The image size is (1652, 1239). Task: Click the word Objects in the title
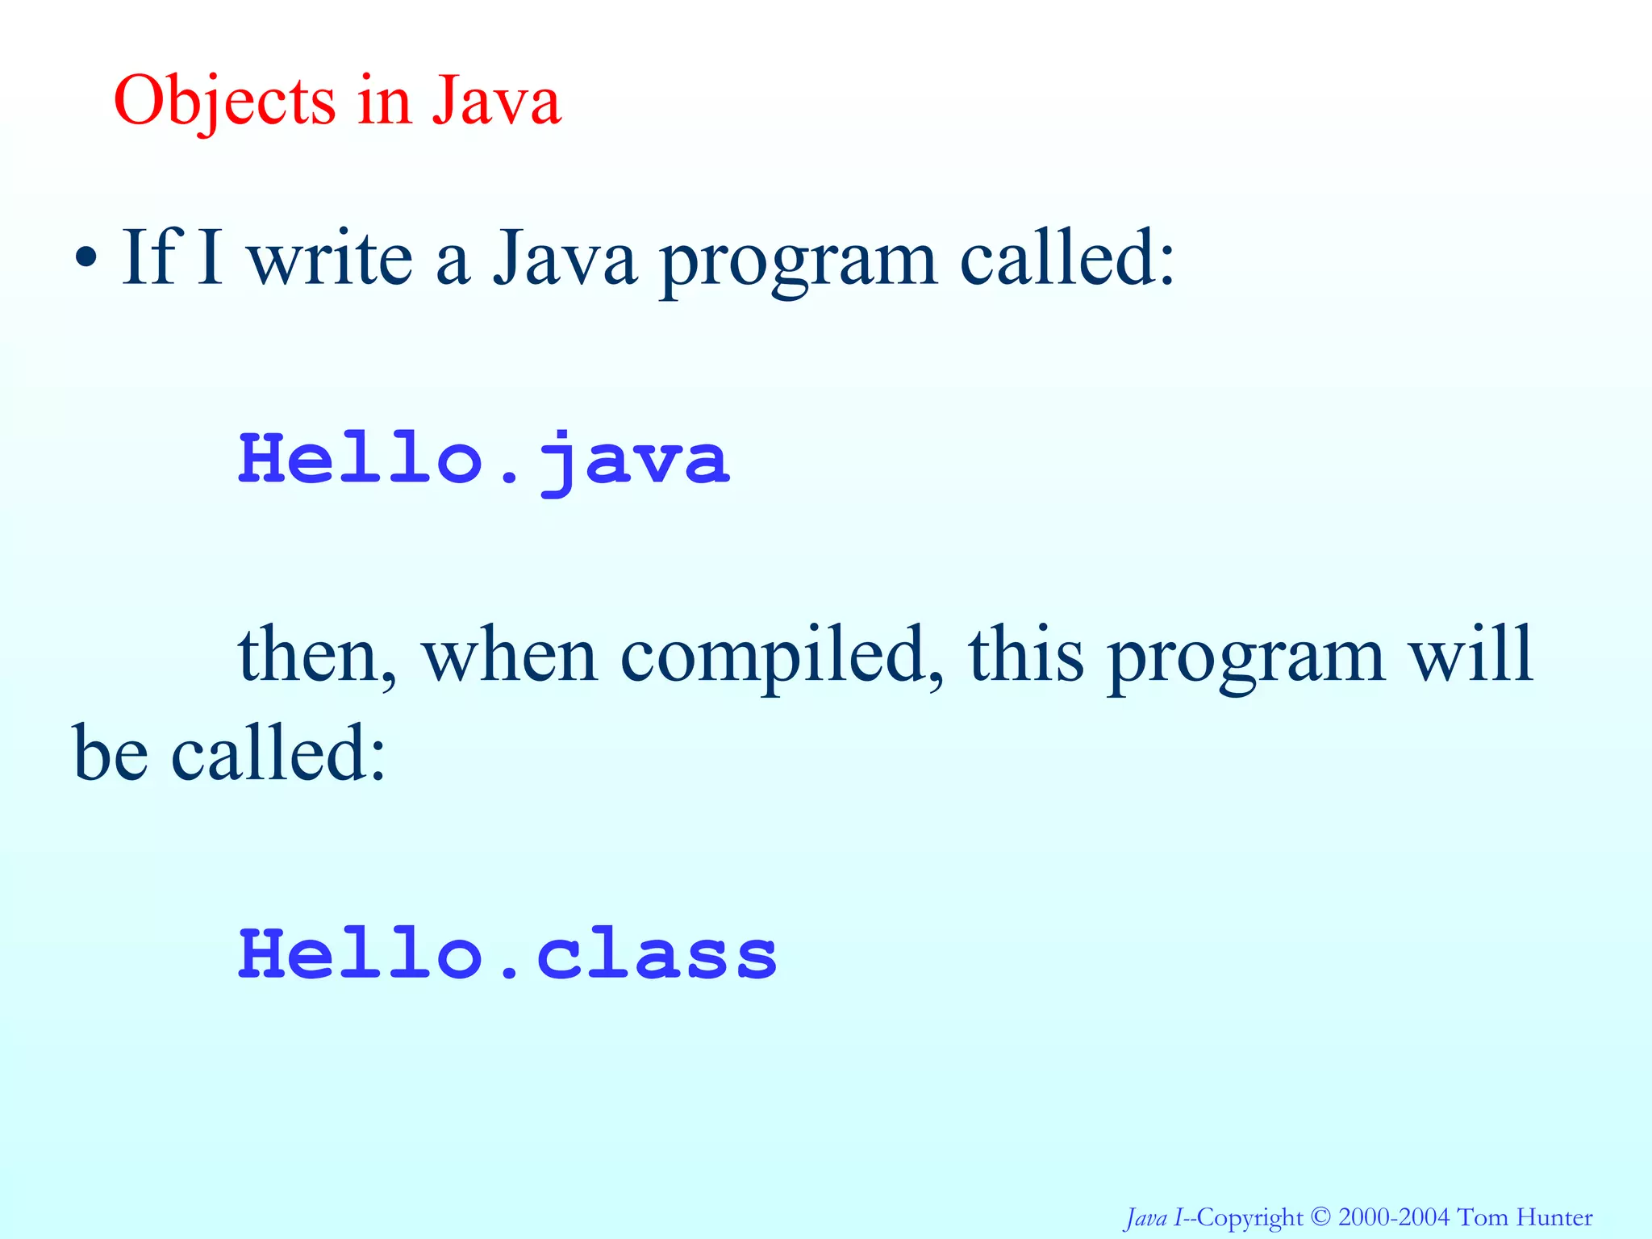[x=224, y=102]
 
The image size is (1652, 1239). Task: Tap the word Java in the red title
[x=495, y=102]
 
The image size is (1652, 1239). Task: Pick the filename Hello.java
[x=484, y=460]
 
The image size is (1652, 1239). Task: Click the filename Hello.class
[x=508, y=955]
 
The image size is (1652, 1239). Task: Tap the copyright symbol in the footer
[x=1320, y=1216]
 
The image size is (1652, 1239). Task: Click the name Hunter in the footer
[x=1554, y=1216]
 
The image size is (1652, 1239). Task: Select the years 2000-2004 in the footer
[x=1394, y=1216]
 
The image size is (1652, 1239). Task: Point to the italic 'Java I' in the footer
[x=1154, y=1216]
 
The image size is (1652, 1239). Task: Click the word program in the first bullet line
[x=799, y=260]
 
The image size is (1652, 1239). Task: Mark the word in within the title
[x=384, y=102]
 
